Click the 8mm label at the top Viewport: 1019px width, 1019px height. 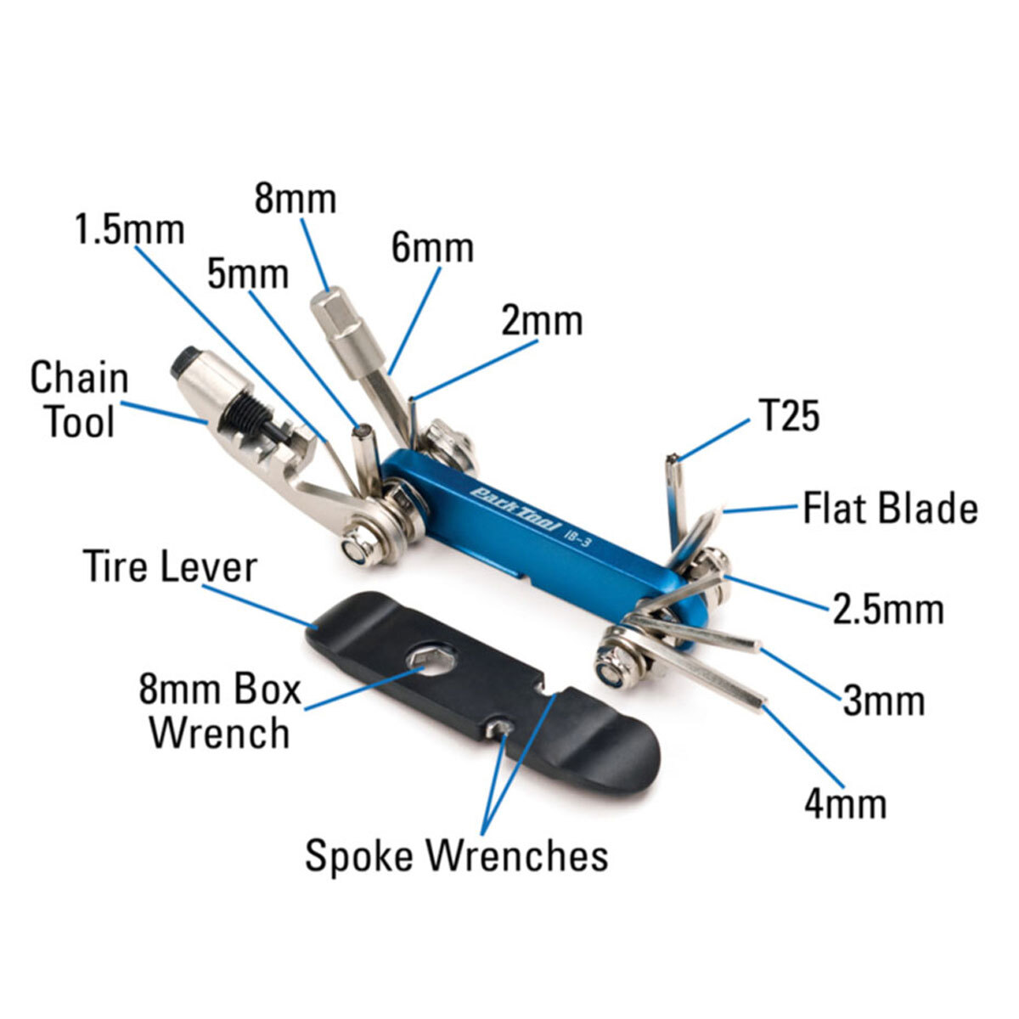(x=296, y=200)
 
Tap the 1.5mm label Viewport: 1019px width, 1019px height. (x=129, y=230)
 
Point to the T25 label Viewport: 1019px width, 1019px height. (x=787, y=417)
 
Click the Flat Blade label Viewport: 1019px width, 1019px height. (x=890, y=509)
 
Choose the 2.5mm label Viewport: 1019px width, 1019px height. (x=887, y=610)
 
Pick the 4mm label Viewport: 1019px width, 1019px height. (x=845, y=803)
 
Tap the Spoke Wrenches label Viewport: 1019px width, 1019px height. (x=457, y=855)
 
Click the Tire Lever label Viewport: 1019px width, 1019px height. (x=170, y=566)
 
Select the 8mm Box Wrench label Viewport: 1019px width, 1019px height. (x=220, y=711)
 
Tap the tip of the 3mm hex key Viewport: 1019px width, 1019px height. (x=753, y=647)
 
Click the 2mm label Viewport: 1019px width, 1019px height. (x=542, y=322)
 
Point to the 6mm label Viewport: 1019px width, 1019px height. (x=432, y=248)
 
